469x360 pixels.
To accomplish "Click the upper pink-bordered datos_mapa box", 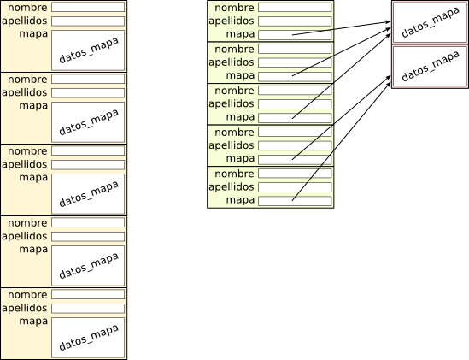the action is pyautogui.click(x=430, y=22).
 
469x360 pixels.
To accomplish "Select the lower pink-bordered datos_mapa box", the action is pyautogui.click(x=430, y=67).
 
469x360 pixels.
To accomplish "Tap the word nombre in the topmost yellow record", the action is pyautogui.click(x=27, y=8).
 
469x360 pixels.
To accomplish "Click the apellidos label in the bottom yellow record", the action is pyautogui.click(x=25, y=308).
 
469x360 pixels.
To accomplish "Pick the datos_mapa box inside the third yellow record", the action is pyautogui.click(x=88, y=194).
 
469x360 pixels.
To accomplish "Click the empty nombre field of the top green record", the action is pyautogui.click(x=295, y=7).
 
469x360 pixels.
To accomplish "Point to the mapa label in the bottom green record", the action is pyautogui.click(x=240, y=200).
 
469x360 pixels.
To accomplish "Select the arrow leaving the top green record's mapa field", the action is pyautogui.click(x=341, y=28).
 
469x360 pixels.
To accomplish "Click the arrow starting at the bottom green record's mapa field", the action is pyautogui.click(x=341, y=142).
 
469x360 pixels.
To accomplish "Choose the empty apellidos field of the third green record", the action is pyautogui.click(x=295, y=104).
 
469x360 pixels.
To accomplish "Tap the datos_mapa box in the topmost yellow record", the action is pyautogui.click(x=88, y=50).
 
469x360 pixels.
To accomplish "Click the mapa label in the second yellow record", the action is pyautogui.click(x=33, y=106).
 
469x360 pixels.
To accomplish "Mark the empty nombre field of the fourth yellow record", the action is pyautogui.click(x=88, y=222).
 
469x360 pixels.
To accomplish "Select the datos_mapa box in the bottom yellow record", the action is pyautogui.click(x=88, y=338).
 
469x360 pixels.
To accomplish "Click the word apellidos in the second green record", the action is pyautogui.click(x=232, y=62).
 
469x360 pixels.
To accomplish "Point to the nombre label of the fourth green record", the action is pyautogui.click(x=234, y=132).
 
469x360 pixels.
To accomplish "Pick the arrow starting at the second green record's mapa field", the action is pyautogui.click(x=341, y=52).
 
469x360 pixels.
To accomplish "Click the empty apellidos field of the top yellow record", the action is pyautogui.click(x=88, y=21).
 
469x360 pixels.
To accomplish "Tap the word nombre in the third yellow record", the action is pyautogui.click(x=27, y=151).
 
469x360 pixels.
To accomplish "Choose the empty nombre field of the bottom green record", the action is pyautogui.click(x=295, y=173).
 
